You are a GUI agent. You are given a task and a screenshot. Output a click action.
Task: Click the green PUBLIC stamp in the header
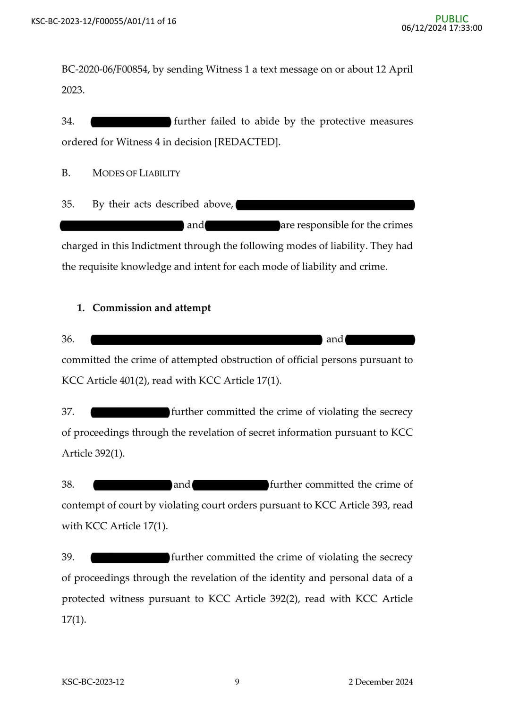tap(452, 19)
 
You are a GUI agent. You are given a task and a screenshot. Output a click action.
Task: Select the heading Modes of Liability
tap(136, 173)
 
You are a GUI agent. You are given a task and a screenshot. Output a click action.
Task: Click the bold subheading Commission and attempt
tap(152, 308)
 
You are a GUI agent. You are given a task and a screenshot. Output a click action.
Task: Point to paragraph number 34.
tap(68, 121)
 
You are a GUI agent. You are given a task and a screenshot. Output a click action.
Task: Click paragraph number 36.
tap(68, 339)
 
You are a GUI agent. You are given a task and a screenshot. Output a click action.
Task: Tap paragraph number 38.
tap(68, 484)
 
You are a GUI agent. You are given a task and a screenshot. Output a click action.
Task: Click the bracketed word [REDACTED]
tap(247, 142)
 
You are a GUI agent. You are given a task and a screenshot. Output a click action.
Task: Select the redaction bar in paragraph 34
tap(131, 122)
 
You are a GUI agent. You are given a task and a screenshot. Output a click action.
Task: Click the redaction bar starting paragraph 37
tap(130, 412)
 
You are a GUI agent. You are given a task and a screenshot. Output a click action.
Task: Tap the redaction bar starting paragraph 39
tap(130, 558)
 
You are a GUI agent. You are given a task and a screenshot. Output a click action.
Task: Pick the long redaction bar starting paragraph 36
tap(206, 339)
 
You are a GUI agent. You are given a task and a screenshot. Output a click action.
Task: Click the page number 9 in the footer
tap(237, 682)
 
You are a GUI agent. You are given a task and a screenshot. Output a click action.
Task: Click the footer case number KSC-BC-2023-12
tap(93, 682)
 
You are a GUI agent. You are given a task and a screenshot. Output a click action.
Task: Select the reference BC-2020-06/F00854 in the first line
tap(106, 69)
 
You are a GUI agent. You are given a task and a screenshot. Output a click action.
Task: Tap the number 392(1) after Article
tap(109, 453)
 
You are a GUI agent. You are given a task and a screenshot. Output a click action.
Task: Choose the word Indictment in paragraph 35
tap(156, 246)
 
